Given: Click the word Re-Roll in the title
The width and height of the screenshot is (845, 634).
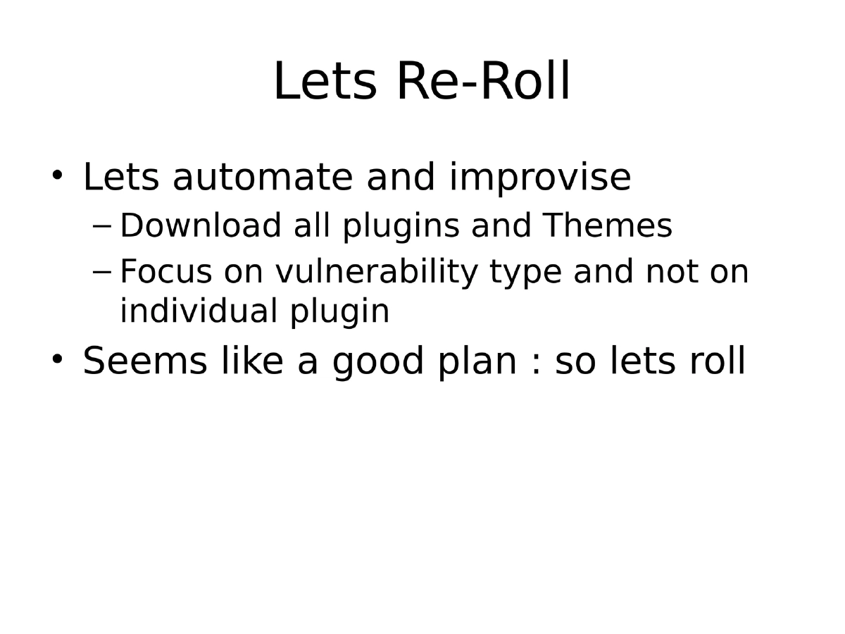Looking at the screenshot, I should [483, 82].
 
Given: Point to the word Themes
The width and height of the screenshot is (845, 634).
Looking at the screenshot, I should [607, 226].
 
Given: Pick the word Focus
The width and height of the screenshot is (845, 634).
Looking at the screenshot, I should [166, 272].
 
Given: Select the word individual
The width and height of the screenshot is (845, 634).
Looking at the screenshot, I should [199, 311].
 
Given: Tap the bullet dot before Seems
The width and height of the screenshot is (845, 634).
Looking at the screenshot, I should [58, 359].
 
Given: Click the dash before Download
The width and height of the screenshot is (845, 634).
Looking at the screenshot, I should [102, 227].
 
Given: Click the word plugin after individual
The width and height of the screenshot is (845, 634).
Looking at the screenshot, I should [339, 312].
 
